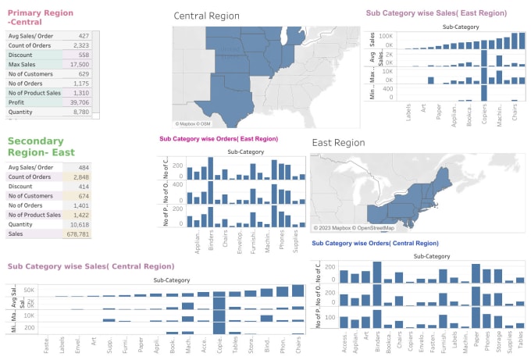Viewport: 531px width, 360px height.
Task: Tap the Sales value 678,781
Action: coord(78,233)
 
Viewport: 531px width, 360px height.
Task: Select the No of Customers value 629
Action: coord(82,74)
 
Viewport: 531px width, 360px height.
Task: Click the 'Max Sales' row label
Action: coord(23,65)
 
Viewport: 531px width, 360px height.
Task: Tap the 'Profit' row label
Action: coord(16,102)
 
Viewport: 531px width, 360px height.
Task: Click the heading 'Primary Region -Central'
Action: coord(41,18)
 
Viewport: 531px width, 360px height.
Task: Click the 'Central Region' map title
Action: coord(206,16)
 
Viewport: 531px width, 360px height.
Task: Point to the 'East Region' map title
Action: coord(338,143)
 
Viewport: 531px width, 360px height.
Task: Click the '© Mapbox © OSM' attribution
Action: coord(193,123)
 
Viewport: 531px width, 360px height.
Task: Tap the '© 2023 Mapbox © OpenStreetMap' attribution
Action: coord(354,227)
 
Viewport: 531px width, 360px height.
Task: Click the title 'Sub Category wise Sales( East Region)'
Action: coord(436,13)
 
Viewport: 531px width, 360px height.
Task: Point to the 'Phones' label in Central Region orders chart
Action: coord(490,341)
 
